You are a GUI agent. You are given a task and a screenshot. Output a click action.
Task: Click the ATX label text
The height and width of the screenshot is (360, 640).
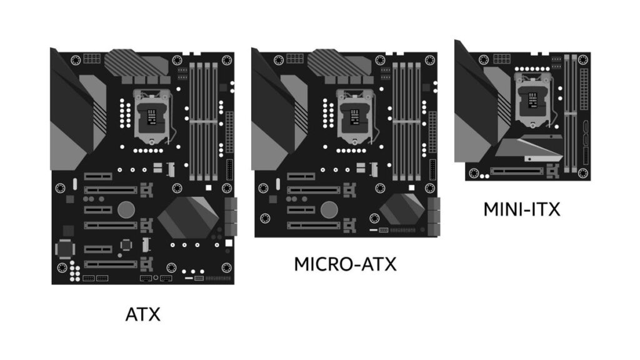(143, 314)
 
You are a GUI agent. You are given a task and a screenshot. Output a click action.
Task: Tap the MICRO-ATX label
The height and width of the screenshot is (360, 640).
(345, 264)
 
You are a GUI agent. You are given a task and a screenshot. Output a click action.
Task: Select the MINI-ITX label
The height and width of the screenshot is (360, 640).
(522, 209)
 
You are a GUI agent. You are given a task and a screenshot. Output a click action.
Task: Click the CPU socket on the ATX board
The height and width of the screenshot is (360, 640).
(151, 117)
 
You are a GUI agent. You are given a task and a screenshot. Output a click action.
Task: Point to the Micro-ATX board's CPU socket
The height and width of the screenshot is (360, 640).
(354, 117)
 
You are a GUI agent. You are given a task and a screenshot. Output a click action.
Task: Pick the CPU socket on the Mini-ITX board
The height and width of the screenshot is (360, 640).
(532, 100)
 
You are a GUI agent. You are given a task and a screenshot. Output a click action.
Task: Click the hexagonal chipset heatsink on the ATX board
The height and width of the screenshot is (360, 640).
(188, 217)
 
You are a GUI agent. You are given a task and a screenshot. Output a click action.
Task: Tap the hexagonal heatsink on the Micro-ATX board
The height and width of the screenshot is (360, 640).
(402, 208)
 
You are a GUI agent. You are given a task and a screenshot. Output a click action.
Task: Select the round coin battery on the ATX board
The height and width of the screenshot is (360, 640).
(126, 209)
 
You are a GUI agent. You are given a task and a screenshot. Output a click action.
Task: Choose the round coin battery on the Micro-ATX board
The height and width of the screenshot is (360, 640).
(329, 209)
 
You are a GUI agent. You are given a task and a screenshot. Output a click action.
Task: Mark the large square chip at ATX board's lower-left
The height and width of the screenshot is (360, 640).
(65, 249)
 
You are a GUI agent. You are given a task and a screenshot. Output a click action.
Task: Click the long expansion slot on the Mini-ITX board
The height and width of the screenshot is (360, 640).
(516, 171)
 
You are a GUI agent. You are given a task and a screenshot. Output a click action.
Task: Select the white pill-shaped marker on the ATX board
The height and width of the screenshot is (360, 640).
(75, 184)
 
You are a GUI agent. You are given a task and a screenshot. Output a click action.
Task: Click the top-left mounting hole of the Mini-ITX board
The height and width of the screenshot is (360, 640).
(484, 59)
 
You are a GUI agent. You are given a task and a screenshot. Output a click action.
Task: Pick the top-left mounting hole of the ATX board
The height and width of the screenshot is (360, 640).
(76, 61)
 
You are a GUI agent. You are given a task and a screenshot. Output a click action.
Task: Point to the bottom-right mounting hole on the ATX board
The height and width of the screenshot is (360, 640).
(226, 267)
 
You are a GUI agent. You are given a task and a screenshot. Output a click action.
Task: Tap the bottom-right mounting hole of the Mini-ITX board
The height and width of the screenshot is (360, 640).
(583, 173)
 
